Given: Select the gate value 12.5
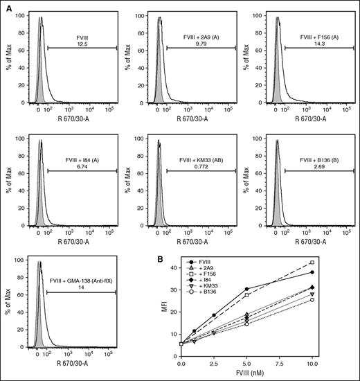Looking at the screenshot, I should pyautogui.click(x=83, y=44).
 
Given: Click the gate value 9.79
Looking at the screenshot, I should pyautogui.click(x=201, y=44).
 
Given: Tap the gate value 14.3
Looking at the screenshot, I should pyautogui.click(x=318, y=44).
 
